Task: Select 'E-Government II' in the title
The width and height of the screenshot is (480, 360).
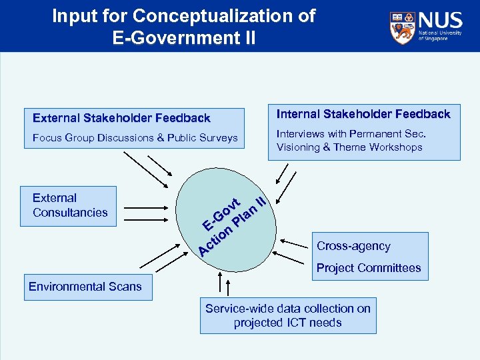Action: click(x=184, y=37)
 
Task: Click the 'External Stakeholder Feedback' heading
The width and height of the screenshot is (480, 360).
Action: click(x=121, y=118)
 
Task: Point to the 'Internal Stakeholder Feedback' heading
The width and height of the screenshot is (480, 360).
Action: click(x=363, y=114)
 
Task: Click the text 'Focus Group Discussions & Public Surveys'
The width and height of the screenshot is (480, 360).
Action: click(x=135, y=138)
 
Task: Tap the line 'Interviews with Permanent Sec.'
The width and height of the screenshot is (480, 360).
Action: click(x=351, y=134)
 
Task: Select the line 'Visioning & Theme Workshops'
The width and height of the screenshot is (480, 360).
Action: click(x=349, y=147)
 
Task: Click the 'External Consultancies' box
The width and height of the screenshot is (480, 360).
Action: click(x=69, y=205)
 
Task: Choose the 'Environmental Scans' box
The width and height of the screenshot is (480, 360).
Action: click(x=85, y=287)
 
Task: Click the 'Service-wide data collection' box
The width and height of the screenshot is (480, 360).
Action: click(x=288, y=315)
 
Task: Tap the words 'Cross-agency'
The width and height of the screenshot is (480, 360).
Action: click(x=353, y=246)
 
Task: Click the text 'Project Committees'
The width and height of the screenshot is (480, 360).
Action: click(x=369, y=268)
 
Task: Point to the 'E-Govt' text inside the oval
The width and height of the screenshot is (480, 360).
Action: click(x=222, y=212)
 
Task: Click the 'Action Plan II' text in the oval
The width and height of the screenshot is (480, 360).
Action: click(x=233, y=227)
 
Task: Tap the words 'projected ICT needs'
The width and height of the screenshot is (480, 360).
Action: click(x=288, y=323)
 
